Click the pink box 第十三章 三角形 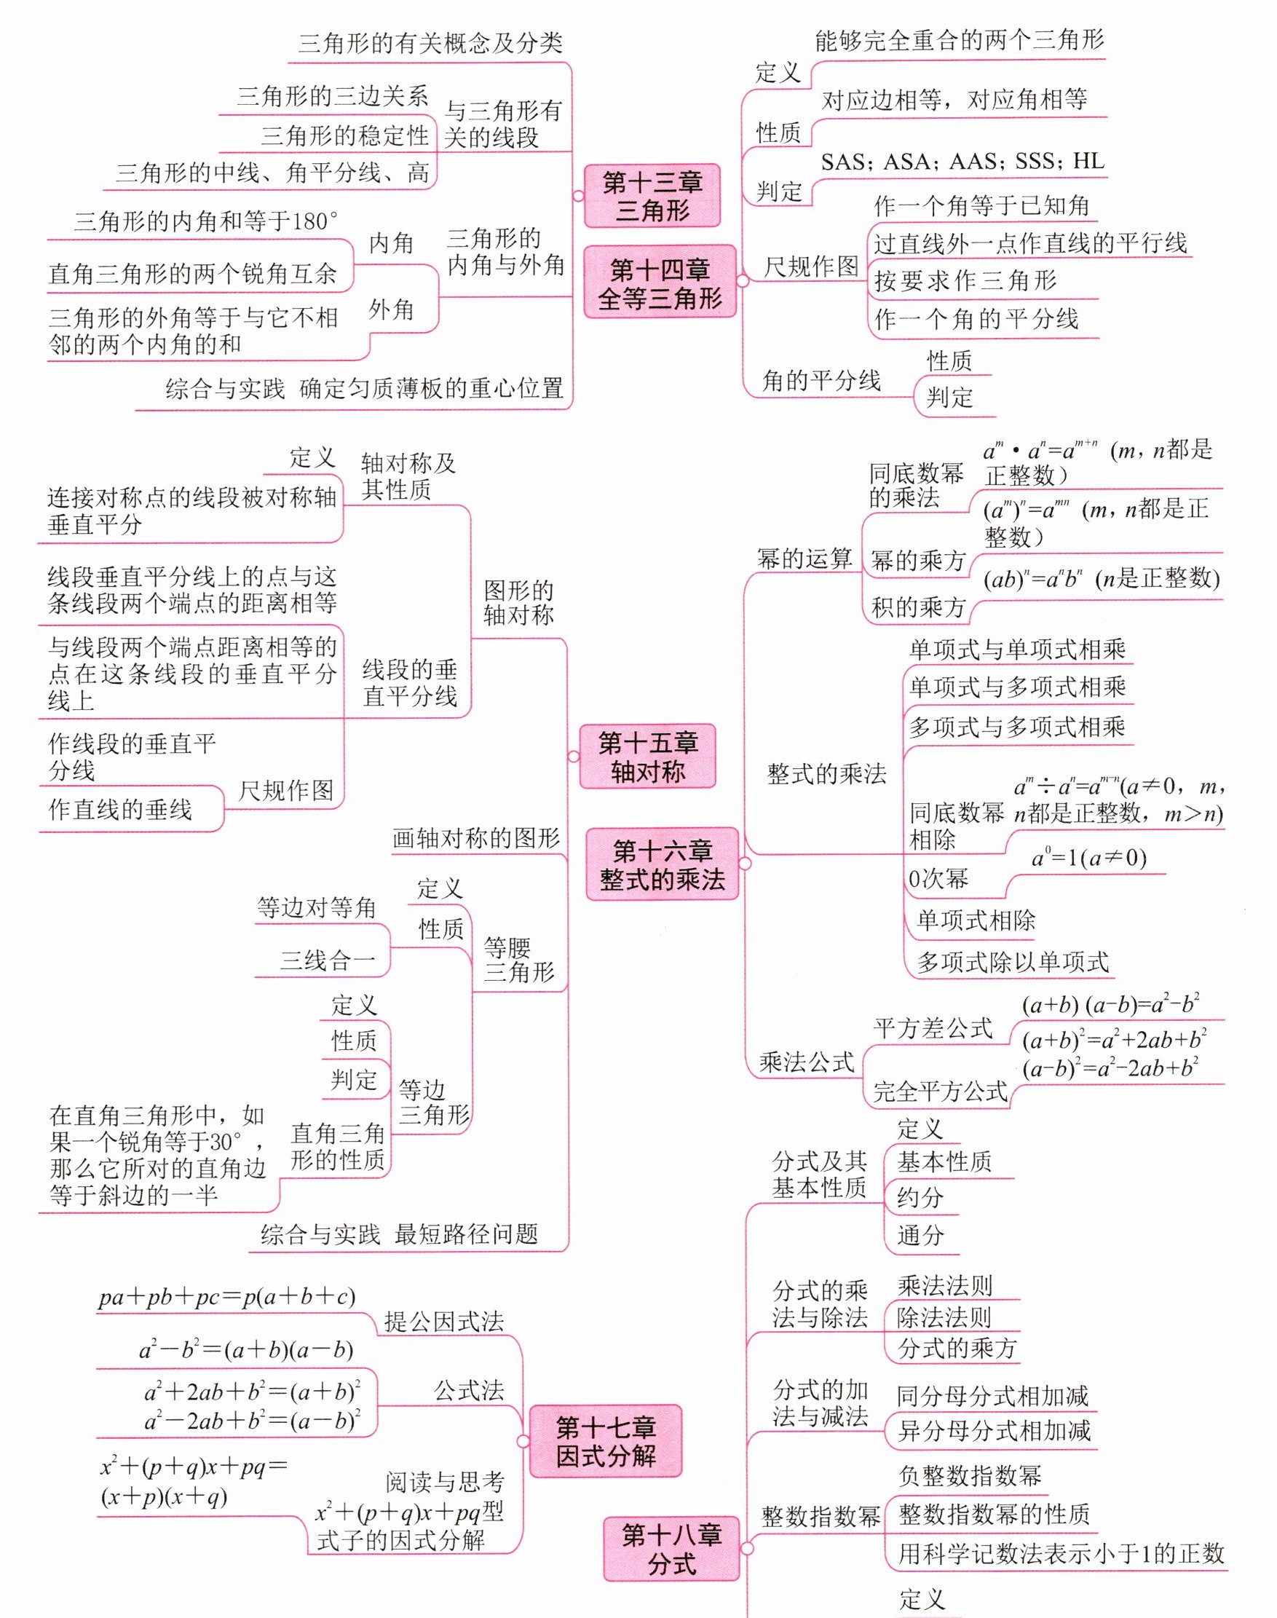tap(652, 196)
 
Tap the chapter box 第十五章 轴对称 tap(647, 757)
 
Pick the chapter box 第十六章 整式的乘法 tap(663, 864)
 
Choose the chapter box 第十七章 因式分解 tap(606, 1441)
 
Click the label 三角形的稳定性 tap(344, 135)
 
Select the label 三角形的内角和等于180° tap(205, 221)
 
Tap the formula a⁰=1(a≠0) tap(1088, 858)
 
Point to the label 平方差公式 tap(933, 1028)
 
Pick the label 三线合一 tap(328, 960)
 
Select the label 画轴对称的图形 tap(476, 838)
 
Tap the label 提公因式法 tap(444, 1321)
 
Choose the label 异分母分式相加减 tap(994, 1430)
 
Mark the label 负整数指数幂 tap(970, 1476)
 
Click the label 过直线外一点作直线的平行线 tap(1030, 243)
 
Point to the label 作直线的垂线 tap(120, 809)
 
